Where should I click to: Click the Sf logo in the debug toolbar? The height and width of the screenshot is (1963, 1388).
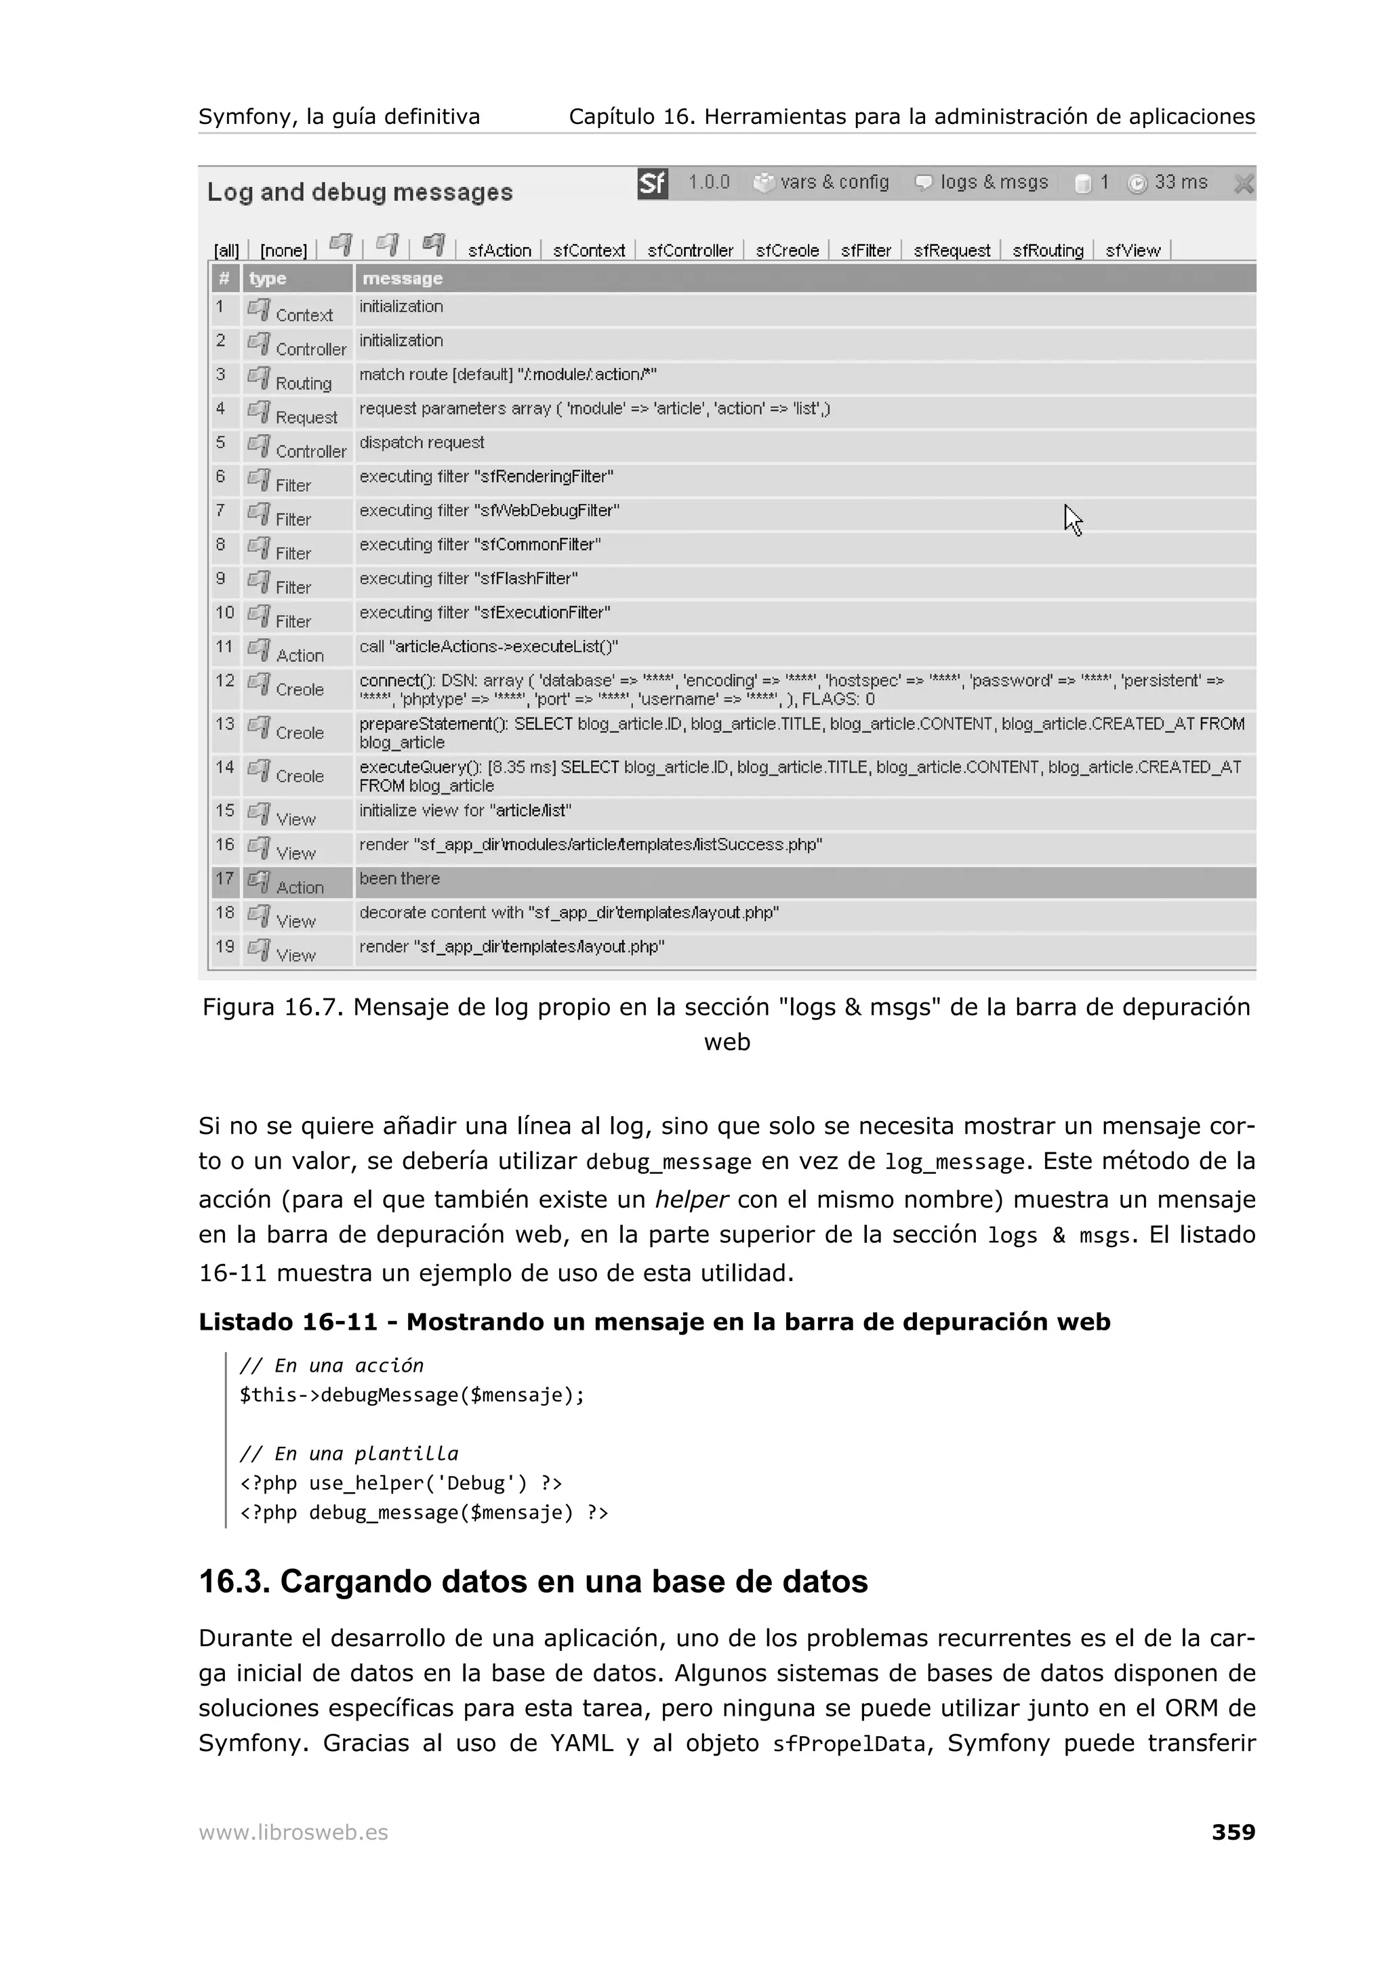pos(652,183)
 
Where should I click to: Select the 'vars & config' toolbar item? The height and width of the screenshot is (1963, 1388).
pos(822,182)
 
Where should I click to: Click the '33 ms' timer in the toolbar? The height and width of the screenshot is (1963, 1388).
pos(1168,182)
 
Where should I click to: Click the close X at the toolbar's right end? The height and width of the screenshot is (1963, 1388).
pos(1244,183)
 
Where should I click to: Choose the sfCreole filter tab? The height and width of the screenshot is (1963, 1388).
pos(787,251)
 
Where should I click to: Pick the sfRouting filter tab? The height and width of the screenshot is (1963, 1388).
pos(1048,251)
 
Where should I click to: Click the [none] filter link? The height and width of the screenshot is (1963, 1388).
pos(283,251)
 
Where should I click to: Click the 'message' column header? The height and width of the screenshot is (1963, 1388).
pos(402,278)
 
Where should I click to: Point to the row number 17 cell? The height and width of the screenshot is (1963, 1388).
pos(225,880)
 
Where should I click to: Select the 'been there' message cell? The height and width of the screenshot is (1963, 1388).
pos(399,879)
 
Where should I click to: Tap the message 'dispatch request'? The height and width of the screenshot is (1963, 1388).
pos(422,443)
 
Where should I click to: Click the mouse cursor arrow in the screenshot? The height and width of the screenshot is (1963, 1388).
pos(1072,519)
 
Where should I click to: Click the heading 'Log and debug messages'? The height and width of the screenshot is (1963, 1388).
pos(360,192)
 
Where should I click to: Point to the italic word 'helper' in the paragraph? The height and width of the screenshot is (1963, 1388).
pos(690,1200)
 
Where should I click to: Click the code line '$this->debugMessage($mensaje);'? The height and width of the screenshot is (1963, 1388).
pos(411,1395)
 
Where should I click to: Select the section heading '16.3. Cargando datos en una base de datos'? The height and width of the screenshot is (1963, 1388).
pos(533,1582)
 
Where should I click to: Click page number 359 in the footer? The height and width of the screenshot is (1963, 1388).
pos(1232,1832)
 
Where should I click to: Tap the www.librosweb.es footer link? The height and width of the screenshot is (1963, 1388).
pos(293,1832)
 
